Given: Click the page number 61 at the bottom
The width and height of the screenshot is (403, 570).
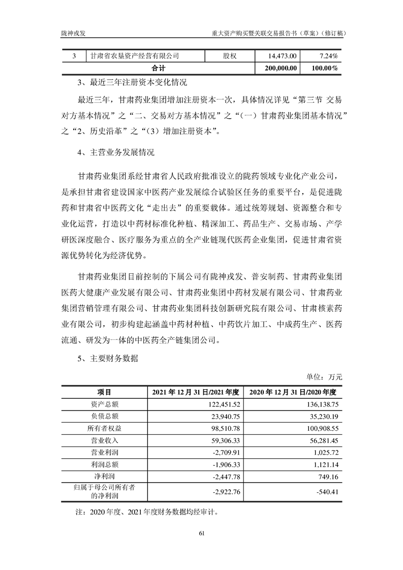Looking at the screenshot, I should (201, 533).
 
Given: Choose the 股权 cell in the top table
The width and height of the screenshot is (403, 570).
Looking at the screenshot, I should (230, 55).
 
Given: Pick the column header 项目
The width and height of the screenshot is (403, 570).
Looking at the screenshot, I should (105, 392).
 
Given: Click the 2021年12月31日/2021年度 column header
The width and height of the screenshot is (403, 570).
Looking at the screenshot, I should (196, 392).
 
